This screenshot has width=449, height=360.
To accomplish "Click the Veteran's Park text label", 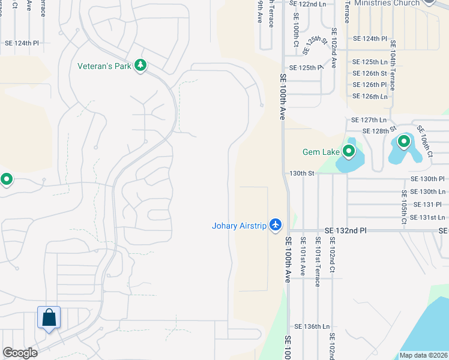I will pyautogui.click(x=104, y=65).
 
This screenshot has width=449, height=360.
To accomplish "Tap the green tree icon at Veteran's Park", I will pyautogui.click(x=140, y=65).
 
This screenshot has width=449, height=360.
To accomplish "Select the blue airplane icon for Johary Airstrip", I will pyautogui.click(x=276, y=224).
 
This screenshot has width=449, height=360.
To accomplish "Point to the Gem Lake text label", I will pyautogui.click(x=321, y=152).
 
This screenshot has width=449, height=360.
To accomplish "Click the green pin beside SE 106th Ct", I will pyautogui.click(x=404, y=142).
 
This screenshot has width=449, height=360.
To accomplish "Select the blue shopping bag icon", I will pyautogui.click(x=49, y=318).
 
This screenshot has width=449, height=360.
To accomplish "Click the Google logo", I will pyautogui.click(x=20, y=353).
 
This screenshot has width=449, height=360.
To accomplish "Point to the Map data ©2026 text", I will pyautogui.click(x=423, y=355).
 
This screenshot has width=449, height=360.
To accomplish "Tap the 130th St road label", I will pyautogui.click(x=302, y=173).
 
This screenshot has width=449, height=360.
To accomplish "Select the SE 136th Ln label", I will pyautogui.click(x=312, y=327).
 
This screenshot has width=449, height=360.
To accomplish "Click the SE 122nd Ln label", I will pyautogui.click(x=307, y=3).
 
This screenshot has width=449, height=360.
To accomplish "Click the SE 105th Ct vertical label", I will pyautogui.click(x=405, y=208).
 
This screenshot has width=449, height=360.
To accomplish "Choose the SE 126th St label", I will pyautogui.click(x=370, y=74).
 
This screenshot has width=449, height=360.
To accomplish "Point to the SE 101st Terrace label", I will pyautogui.click(x=317, y=260).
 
